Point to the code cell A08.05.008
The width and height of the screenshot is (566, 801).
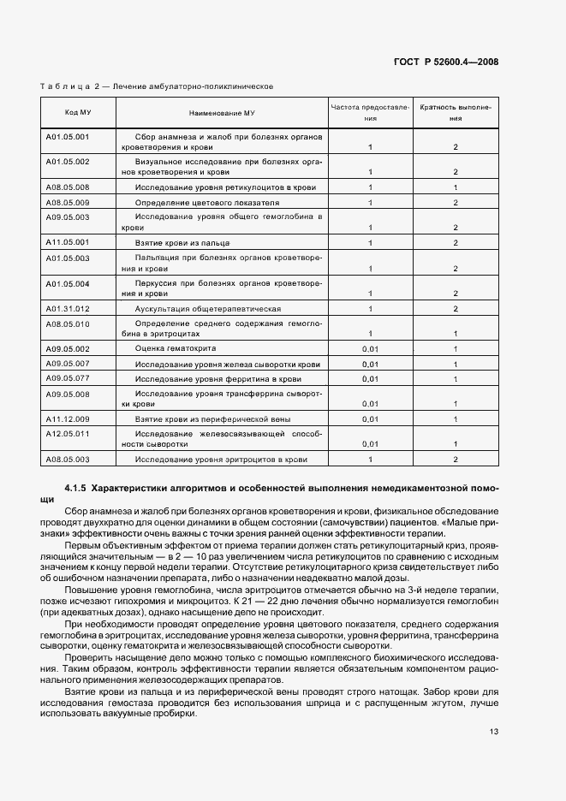(68, 187)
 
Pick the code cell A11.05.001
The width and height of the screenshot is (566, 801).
(68, 242)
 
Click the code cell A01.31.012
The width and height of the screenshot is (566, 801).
(68, 308)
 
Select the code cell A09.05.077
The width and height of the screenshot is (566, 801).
(68, 377)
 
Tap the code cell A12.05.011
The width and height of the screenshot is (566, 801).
(68, 434)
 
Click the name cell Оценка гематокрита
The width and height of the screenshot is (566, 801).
(176, 349)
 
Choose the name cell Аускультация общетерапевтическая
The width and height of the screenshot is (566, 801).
(208, 308)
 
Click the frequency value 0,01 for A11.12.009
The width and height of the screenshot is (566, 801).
(370, 419)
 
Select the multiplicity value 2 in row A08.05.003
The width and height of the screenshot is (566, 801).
(456, 460)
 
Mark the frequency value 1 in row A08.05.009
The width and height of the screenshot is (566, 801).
(370, 202)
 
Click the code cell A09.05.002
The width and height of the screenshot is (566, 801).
(68, 349)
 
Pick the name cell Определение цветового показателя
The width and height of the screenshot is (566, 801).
(207, 202)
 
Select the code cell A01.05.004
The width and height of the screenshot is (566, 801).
(68, 283)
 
